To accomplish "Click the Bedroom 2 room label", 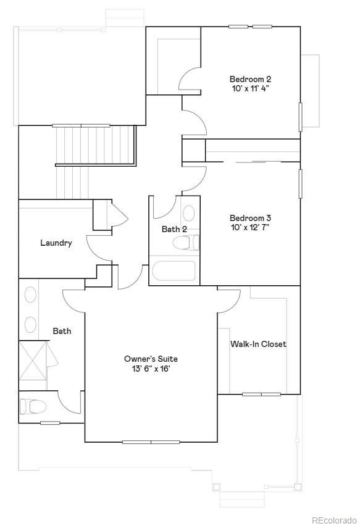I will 250,79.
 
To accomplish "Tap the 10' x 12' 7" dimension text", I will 250,227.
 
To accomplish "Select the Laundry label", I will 56,243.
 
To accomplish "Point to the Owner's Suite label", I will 151,359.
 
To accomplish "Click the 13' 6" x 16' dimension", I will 151,369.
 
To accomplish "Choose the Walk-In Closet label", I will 258,344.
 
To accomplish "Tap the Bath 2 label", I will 174,229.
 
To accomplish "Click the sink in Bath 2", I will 189,214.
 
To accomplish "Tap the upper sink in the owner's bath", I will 30,295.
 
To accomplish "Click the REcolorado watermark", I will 333,520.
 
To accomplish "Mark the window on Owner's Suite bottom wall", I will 151,442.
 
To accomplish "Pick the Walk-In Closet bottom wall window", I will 261,394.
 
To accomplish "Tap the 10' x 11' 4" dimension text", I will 250,89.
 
